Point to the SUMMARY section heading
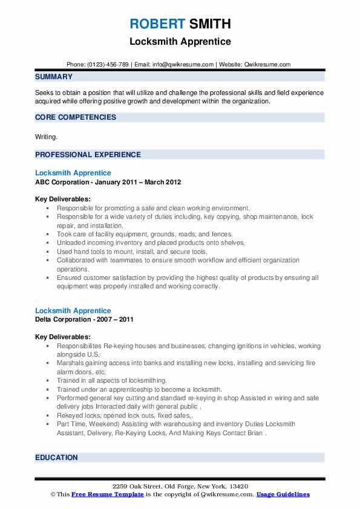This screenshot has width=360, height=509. (54, 77)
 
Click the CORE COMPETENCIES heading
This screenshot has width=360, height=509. (76, 117)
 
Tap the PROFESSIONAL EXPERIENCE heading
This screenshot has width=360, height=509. (88, 155)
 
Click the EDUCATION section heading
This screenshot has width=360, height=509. (56, 458)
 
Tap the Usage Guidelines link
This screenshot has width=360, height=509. (283, 494)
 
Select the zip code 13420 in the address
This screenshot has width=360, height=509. (238, 487)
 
